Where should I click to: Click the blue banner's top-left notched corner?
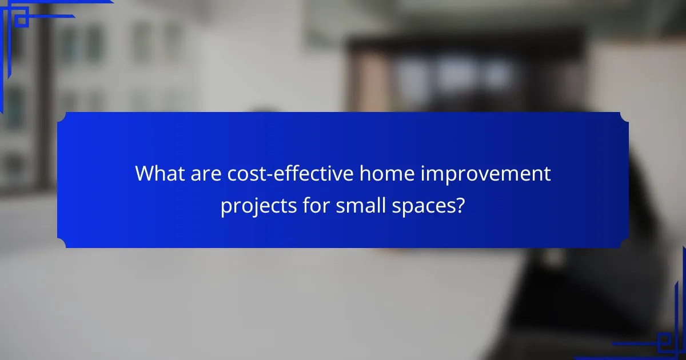61,116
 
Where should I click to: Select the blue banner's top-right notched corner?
624,116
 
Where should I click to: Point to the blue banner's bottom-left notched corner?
61,244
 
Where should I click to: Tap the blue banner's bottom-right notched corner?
624,244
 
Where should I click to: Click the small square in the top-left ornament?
21,20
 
